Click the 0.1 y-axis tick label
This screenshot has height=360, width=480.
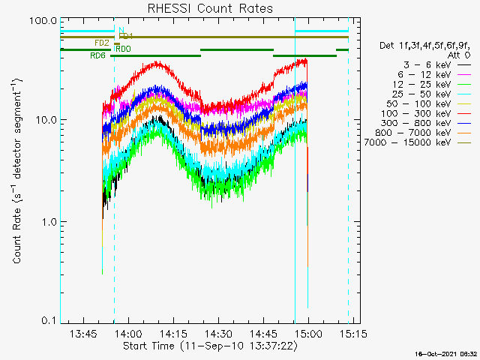coord(49,321)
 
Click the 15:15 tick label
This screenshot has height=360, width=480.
coord(352,333)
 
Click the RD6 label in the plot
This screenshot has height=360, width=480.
coord(97,55)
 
